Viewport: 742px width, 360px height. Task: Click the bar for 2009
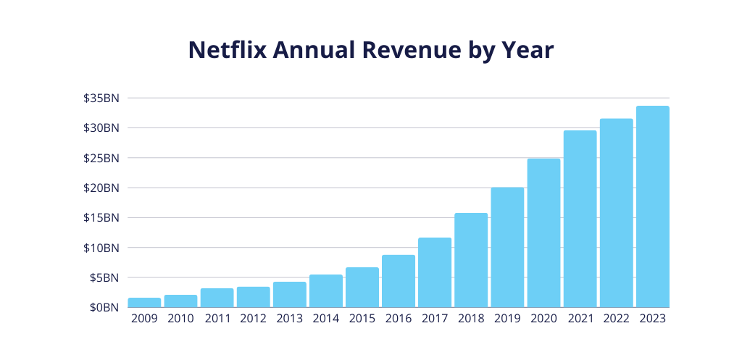pos(144,303)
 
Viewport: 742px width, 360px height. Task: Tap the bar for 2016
pos(399,281)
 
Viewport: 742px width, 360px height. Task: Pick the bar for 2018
pos(471,260)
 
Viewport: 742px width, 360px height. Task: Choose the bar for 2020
pos(543,233)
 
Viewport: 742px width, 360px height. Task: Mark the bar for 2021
pos(580,219)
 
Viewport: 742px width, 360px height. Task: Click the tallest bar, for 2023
pos(652,206)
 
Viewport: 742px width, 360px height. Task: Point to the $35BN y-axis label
pos(101,98)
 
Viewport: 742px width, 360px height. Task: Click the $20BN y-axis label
pos(101,188)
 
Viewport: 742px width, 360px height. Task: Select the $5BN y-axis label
pos(104,277)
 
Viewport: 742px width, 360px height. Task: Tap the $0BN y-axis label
pos(104,307)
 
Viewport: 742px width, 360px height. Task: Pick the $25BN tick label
pos(101,158)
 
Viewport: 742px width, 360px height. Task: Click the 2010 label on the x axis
pos(180,319)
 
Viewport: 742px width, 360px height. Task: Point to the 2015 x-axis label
pos(362,319)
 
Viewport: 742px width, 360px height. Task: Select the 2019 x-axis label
pos(507,319)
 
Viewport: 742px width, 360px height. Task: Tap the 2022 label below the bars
pos(616,319)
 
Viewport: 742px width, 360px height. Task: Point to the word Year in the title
pos(528,50)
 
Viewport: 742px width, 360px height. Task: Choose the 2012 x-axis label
pos(253,319)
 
